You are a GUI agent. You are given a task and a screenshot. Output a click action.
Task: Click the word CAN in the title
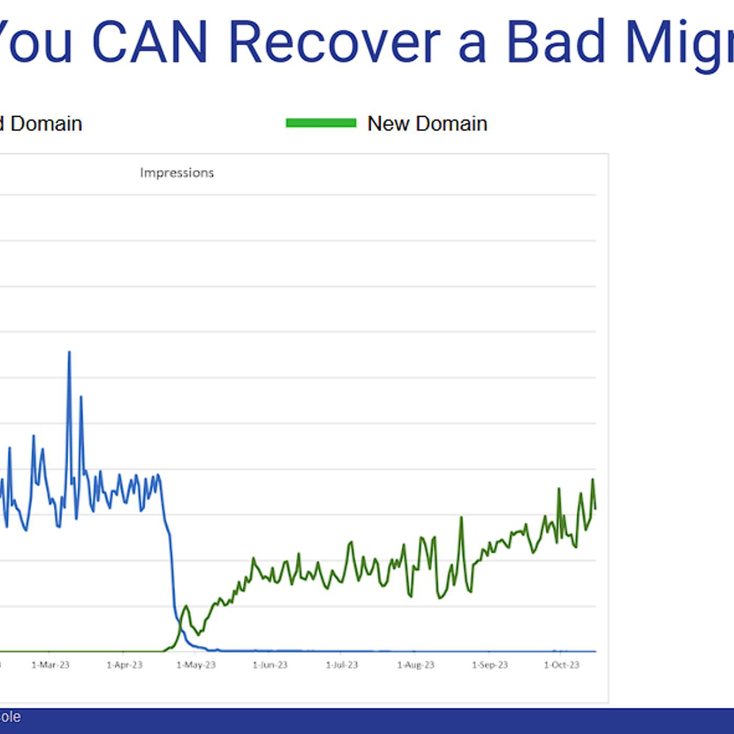pos(150,42)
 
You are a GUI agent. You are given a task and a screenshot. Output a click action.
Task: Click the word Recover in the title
pos(334,42)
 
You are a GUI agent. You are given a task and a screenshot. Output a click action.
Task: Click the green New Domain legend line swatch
pos(321,123)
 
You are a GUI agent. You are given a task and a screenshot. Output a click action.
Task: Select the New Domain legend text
pos(427,124)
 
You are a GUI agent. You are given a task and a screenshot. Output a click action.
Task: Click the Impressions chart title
pos(177,172)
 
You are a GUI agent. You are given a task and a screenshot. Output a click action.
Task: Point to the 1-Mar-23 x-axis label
pos(50,665)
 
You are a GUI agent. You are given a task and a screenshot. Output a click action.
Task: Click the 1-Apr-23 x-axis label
pos(124,665)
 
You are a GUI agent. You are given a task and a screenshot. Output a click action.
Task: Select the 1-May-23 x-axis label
pos(196,665)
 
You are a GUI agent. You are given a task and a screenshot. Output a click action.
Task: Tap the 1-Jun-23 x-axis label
pos(270,665)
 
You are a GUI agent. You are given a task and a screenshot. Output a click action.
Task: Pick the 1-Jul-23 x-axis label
pos(342,665)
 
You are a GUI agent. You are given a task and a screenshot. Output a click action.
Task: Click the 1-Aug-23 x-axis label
pos(416,665)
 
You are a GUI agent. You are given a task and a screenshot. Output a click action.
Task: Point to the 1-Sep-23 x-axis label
pos(490,665)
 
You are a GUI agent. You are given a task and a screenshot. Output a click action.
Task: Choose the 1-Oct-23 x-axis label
pos(562,665)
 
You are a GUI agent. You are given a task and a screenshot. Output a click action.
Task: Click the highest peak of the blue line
pos(69,352)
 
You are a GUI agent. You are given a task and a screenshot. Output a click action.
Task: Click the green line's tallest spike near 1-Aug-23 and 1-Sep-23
pos(461,518)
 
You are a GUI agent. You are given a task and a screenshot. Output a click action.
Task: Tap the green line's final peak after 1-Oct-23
pos(593,480)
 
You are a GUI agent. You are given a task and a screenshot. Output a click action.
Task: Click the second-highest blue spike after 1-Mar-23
pos(81,397)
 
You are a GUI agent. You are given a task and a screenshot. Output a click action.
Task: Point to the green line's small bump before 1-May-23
pos(186,607)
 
